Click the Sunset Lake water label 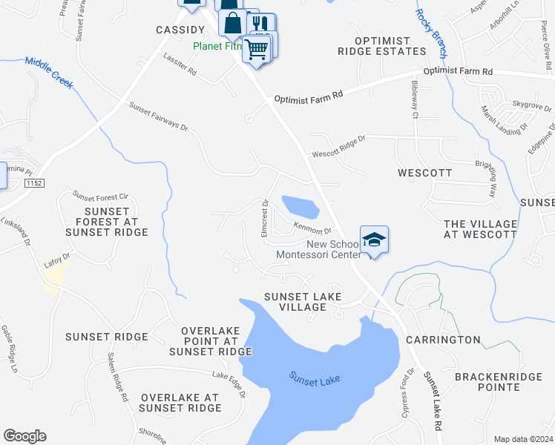click(314, 379)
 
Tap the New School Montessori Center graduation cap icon click(375, 240)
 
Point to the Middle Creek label click(49, 73)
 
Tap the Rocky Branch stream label click(431, 33)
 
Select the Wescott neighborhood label click(425, 173)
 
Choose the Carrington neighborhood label click(443, 340)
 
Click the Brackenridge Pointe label click(487, 381)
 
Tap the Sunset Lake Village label click(303, 302)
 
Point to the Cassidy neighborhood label click(180, 30)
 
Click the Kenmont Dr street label click(312, 230)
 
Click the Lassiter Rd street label click(180, 67)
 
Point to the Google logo click(24, 436)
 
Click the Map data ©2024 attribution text click(523, 439)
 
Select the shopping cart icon click(256, 50)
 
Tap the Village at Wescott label click(479, 229)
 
